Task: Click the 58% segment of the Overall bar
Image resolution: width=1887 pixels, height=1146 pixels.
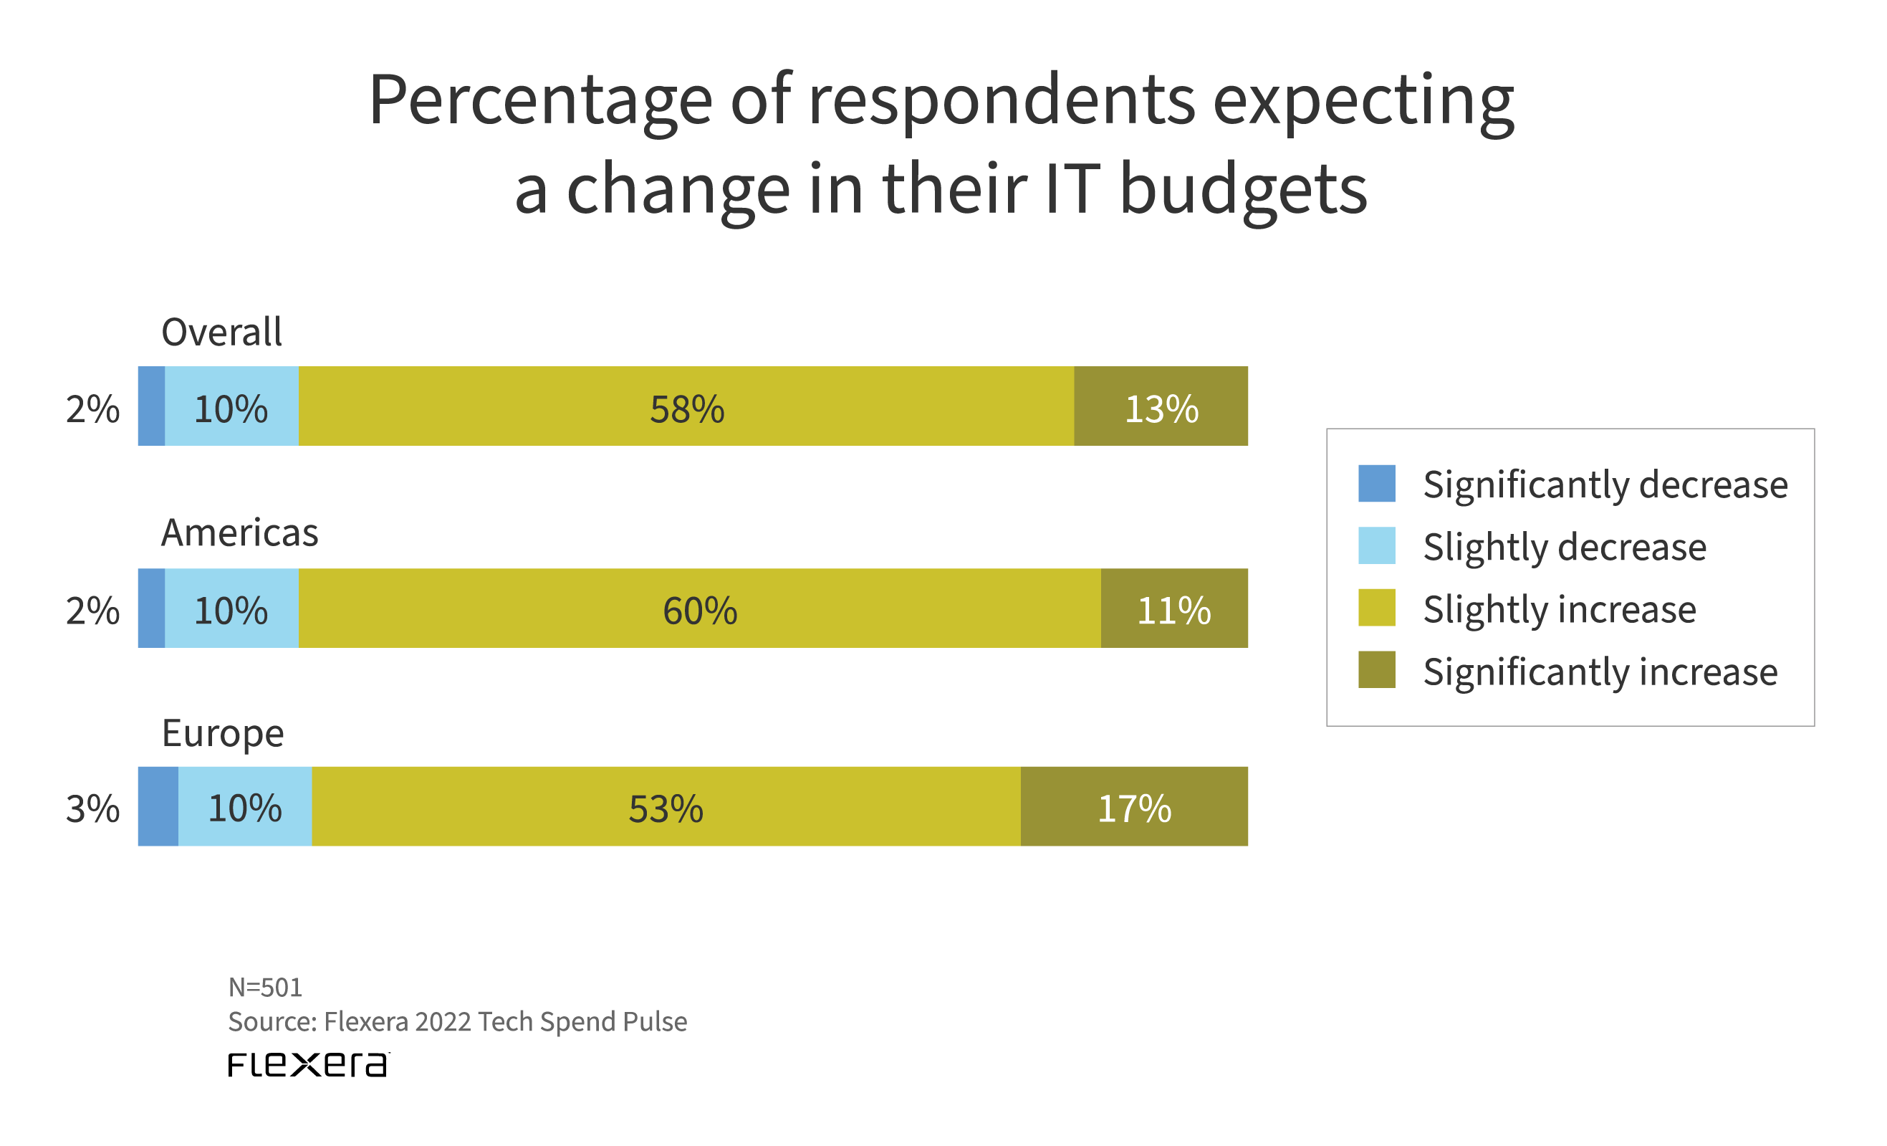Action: tap(686, 406)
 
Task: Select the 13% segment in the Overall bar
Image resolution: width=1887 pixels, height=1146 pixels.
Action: tap(1161, 406)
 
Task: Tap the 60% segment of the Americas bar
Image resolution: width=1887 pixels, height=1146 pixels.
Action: tap(699, 608)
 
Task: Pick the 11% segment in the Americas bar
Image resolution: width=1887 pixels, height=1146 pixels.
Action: tap(1174, 608)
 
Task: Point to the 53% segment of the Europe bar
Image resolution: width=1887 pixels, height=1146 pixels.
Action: tap(666, 806)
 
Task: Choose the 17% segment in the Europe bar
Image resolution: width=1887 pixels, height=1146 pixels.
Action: tap(1134, 806)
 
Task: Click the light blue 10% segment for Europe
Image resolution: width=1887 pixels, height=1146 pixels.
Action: tap(245, 806)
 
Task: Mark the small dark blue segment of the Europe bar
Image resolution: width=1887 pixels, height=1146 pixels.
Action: tap(158, 806)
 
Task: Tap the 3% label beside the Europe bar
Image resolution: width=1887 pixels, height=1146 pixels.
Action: tap(92, 809)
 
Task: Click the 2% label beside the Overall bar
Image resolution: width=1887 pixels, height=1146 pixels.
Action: tap(92, 409)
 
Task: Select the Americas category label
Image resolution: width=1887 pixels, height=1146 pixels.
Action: tap(239, 533)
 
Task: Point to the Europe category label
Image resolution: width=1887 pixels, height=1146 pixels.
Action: tap(223, 733)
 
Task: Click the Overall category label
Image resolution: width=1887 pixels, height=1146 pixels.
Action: tap(221, 332)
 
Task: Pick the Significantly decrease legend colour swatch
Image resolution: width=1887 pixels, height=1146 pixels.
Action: tap(1376, 483)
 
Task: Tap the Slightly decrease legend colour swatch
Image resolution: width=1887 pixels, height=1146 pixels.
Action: tap(1376, 545)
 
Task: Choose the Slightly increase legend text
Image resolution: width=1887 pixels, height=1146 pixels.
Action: tap(1559, 609)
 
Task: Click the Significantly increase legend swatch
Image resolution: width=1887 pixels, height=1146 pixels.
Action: tap(1376, 669)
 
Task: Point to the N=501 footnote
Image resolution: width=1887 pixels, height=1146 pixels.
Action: tap(265, 988)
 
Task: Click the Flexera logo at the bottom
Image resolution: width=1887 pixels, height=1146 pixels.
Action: tap(308, 1064)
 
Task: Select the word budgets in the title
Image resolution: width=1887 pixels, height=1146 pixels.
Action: tap(1242, 189)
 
